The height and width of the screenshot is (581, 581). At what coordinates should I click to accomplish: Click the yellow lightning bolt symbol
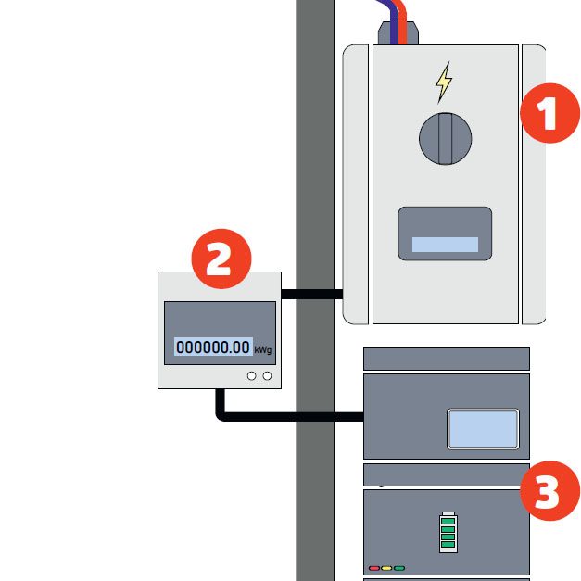pyautogui.click(x=445, y=82)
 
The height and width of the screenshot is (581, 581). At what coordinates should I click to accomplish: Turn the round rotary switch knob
pyautogui.click(x=445, y=138)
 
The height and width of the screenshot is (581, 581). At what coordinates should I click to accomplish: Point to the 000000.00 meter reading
pyautogui.click(x=213, y=347)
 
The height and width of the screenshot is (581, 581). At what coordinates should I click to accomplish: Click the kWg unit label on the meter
pyautogui.click(x=263, y=349)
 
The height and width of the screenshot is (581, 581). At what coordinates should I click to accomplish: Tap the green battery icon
pyautogui.click(x=448, y=531)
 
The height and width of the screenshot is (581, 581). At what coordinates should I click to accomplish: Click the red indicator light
pyautogui.click(x=374, y=567)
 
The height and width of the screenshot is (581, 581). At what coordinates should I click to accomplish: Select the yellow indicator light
pyautogui.click(x=386, y=567)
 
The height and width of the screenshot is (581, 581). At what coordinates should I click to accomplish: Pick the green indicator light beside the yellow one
pyautogui.click(x=399, y=567)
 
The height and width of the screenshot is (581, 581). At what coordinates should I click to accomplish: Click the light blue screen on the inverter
pyautogui.click(x=482, y=428)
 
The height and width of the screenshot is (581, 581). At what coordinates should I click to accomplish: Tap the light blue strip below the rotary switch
pyautogui.click(x=445, y=245)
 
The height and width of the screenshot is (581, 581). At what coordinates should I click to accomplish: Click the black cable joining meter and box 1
pyautogui.click(x=311, y=295)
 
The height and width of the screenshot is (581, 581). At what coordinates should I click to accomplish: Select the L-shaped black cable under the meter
pyautogui.click(x=278, y=416)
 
